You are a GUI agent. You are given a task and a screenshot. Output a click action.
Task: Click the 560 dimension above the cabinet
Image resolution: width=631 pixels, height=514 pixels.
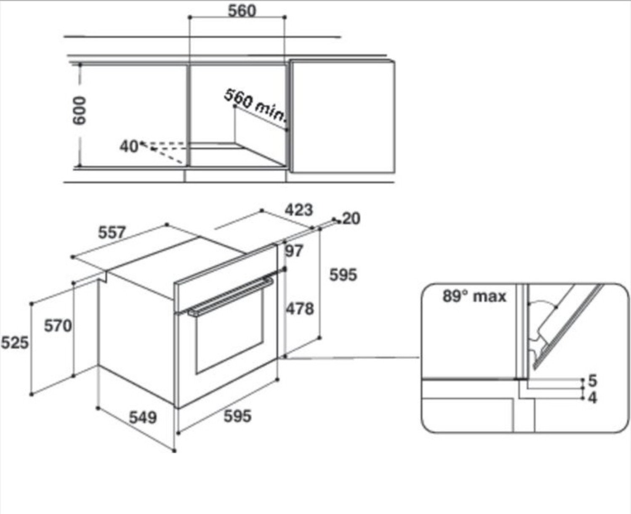(242, 11)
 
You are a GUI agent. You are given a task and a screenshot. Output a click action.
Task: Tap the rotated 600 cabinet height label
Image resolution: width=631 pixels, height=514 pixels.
(80, 111)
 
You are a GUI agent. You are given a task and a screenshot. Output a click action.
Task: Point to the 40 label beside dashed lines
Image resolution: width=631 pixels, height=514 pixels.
(128, 146)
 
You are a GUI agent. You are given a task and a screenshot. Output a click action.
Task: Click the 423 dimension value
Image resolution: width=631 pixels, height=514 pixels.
(299, 209)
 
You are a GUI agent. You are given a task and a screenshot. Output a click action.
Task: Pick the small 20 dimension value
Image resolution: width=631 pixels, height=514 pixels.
(351, 219)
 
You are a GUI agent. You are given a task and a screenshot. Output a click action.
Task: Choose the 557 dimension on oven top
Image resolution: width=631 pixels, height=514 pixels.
(112, 232)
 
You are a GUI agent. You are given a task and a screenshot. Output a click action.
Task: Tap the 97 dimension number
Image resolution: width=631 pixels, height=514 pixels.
(294, 251)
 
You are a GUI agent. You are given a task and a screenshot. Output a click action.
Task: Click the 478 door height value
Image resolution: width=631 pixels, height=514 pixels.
(300, 309)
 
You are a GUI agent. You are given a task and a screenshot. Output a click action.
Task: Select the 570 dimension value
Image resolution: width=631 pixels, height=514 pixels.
(58, 326)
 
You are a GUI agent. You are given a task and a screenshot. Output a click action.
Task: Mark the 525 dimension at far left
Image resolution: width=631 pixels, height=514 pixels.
(15, 343)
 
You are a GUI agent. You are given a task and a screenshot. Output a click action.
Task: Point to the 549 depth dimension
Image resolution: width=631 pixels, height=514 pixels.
(143, 418)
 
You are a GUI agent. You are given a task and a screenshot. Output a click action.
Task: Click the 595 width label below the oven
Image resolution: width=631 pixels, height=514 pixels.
(237, 416)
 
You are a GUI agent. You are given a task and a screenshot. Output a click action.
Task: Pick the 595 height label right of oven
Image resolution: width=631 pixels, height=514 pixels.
(343, 275)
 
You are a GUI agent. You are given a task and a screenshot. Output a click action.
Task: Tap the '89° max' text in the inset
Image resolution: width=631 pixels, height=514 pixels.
(474, 297)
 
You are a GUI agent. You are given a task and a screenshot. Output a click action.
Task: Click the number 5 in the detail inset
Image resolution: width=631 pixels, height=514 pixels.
(593, 381)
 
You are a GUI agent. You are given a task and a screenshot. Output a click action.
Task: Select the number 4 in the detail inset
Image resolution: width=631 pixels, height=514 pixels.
(593, 397)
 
